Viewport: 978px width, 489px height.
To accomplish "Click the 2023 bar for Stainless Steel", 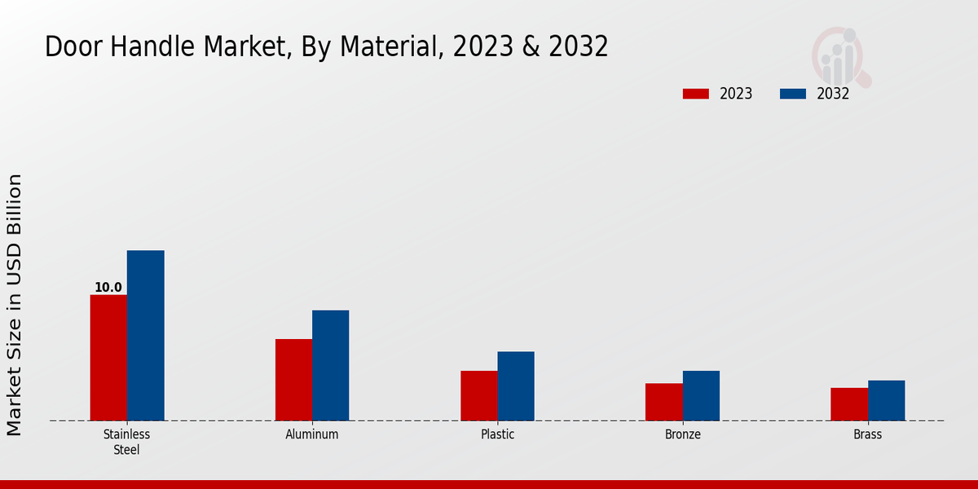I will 108,358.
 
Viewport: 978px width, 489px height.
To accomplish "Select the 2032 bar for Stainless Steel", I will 145,336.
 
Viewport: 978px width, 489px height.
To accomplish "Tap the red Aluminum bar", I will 293,380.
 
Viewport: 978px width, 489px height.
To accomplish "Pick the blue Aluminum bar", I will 330,365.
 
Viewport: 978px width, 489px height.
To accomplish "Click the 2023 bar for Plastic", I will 478,396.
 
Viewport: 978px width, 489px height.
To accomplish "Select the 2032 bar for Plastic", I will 516,386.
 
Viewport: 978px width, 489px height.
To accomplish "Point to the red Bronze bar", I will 663,402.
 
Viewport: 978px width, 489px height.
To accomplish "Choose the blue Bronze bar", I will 701,396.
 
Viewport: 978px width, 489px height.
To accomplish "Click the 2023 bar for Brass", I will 849,404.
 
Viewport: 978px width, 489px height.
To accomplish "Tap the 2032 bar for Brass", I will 886,400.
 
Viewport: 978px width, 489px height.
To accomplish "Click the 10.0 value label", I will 108,288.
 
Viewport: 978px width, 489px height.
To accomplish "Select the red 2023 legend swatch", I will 696,94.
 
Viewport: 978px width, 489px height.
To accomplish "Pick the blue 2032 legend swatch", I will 793,94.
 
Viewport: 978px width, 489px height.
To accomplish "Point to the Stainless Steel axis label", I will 126,442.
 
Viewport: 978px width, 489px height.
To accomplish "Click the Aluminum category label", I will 312,434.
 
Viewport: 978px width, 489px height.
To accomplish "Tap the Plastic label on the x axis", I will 497,434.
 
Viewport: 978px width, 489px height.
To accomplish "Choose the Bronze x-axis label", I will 682,434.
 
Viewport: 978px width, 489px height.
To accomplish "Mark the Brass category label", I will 867,434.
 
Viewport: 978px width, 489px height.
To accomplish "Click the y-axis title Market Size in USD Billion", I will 15,304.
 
